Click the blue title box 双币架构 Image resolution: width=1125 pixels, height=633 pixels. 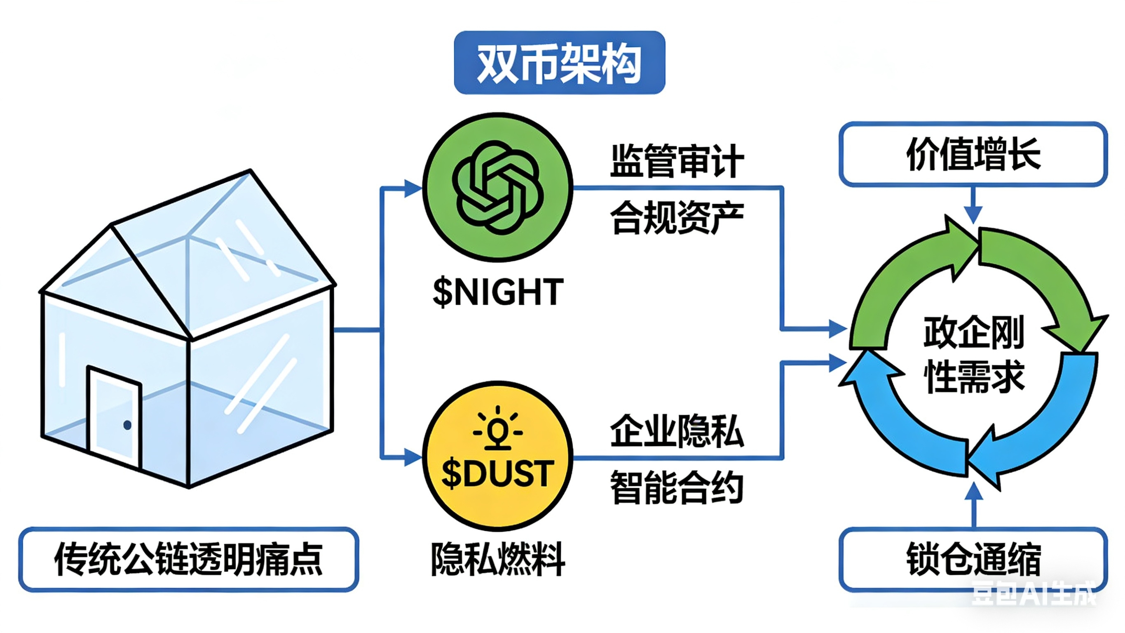pyautogui.click(x=560, y=63)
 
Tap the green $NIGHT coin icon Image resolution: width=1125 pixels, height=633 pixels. pyautogui.click(x=497, y=187)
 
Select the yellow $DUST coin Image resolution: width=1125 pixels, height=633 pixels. pyautogui.click(x=497, y=456)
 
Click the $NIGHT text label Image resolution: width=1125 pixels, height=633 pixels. pyautogui.click(x=497, y=292)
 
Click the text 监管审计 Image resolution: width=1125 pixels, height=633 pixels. pyautogui.click(x=677, y=160)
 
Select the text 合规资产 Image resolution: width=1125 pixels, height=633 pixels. pyautogui.click(x=677, y=217)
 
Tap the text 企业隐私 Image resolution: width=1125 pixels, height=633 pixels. pyautogui.click(x=677, y=431)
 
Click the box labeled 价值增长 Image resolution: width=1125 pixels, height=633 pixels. pyautogui.click(x=973, y=154)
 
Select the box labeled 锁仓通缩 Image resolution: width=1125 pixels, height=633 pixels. pyautogui.click(x=973, y=559)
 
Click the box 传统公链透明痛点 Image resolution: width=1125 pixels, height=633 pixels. pyautogui.click(x=188, y=559)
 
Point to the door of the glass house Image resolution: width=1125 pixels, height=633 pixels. pyautogui.click(x=115, y=417)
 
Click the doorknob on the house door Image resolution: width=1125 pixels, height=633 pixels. pyautogui.click(x=127, y=425)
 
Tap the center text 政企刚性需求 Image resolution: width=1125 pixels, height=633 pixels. pyautogui.click(x=973, y=354)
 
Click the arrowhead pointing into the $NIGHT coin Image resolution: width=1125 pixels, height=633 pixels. pyautogui.click(x=412, y=188)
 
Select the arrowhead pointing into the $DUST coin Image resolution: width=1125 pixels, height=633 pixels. pyautogui.click(x=412, y=457)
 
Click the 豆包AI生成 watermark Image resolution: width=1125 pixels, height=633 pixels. pyautogui.click(x=1033, y=594)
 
